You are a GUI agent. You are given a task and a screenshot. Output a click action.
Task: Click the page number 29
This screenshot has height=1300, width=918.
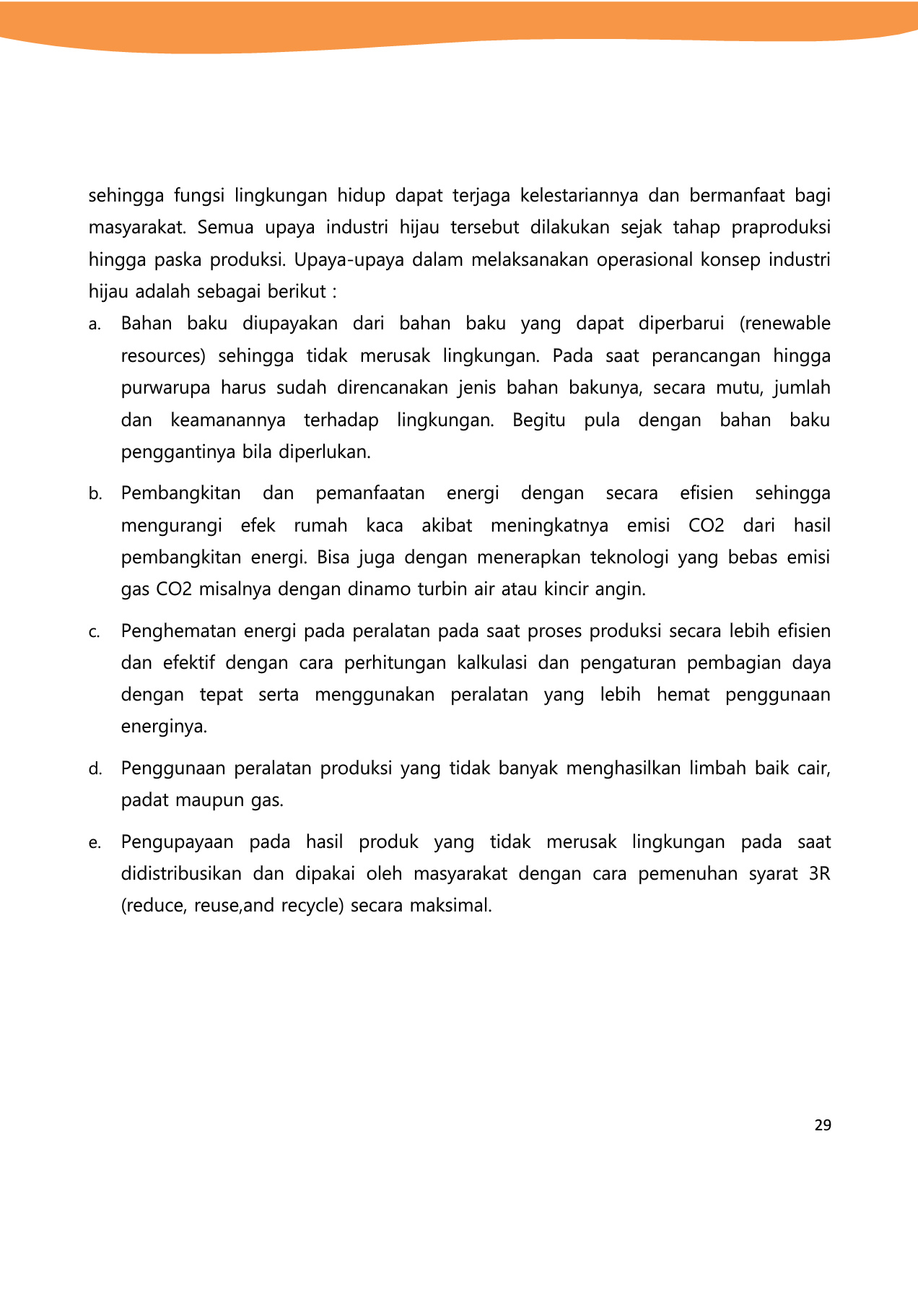pos(823,1125)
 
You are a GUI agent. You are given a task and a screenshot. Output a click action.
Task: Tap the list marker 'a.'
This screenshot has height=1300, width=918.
pos(95,325)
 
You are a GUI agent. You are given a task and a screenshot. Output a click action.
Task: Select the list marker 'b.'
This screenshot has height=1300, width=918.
pos(95,495)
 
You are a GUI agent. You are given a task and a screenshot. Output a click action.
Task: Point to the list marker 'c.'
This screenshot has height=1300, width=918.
pos(95,633)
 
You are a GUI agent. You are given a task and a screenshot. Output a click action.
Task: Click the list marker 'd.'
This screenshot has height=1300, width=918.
pos(95,770)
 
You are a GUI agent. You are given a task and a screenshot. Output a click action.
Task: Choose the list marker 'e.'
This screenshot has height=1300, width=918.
pos(95,844)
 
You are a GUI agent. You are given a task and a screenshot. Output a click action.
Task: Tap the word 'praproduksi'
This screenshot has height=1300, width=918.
pos(781,228)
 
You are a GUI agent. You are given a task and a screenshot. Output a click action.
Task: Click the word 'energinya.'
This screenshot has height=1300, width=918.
pos(164,727)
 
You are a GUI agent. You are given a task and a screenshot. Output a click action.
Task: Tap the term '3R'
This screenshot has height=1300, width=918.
pos(819,874)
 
